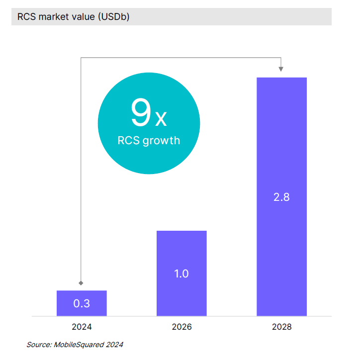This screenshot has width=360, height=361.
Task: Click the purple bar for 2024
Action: tap(82, 303)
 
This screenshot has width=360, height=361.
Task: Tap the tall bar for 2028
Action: tap(281, 149)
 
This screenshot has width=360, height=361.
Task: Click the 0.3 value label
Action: tap(82, 303)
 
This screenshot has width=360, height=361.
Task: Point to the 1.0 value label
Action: tap(181, 273)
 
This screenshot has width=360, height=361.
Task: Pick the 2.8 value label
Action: tap(281, 197)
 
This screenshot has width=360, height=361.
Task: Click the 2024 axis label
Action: tap(82, 327)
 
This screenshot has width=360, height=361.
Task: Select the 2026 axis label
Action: tap(181, 327)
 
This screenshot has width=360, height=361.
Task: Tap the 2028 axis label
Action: tap(281, 327)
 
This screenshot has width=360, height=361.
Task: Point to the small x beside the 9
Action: tap(161, 118)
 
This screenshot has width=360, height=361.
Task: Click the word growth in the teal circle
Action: tap(161, 141)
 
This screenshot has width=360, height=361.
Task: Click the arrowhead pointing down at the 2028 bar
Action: tap(281, 68)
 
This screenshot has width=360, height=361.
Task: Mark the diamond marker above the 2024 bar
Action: tap(81, 282)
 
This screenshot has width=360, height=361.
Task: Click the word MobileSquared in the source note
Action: tap(77, 344)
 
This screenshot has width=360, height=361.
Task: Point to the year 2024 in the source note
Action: tap(114, 344)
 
